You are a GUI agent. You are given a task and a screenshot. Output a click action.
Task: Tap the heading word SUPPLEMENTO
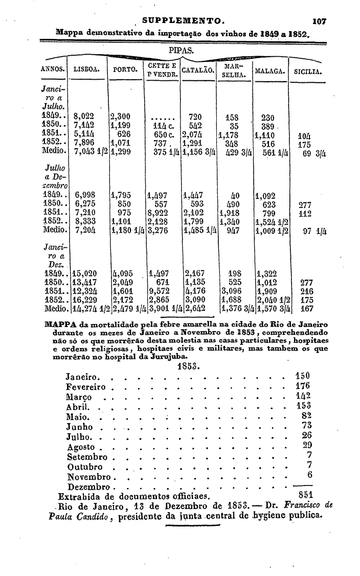click(183, 21)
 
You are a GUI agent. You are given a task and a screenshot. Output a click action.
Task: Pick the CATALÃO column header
click(197, 70)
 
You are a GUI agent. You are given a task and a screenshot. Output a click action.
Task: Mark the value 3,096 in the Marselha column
click(231, 291)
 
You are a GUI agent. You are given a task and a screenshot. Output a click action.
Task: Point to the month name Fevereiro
click(87, 387)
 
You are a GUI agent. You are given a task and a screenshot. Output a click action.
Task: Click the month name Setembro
click(87, 456)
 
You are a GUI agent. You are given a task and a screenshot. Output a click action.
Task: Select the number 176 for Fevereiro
click(303, 386)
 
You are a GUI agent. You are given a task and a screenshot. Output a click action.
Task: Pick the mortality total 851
click(305, 494)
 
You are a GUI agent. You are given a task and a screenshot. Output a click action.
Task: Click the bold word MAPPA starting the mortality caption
click(60, 325)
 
